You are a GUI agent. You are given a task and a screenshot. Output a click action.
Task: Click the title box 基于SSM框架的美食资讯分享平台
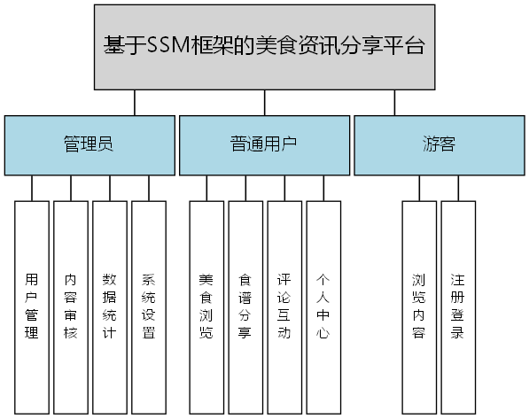[264, 46]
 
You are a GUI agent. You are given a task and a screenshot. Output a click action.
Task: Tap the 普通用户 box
[263, 144]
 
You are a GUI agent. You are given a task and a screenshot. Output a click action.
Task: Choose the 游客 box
[439, 144]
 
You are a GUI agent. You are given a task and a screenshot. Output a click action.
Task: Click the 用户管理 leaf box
[32, 306]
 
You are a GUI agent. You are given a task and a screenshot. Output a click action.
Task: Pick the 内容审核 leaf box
[71, 306]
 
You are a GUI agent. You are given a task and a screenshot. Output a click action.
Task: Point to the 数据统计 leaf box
[110, 306]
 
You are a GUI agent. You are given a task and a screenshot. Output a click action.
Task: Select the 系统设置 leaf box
[149, 306]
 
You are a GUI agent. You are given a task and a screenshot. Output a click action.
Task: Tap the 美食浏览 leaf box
[206, 306]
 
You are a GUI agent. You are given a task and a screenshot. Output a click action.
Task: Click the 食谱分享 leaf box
[245, 306]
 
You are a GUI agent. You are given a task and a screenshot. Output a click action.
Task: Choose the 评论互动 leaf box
[284, 306]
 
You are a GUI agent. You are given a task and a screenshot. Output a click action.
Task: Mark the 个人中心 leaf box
[323, 306]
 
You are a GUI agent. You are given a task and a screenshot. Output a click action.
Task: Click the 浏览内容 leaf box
[419, 306]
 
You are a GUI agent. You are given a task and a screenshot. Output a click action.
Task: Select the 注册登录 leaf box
[458, 306]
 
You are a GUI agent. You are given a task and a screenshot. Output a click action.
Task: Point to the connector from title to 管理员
[135, 102]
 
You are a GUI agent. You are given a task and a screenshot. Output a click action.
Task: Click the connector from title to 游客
[395, 102]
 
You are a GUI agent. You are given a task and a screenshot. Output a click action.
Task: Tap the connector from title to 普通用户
[265, 102]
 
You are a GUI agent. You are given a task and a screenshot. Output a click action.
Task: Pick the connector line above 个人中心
[323, 188]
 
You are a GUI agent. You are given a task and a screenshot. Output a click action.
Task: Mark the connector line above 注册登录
[458, 188]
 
